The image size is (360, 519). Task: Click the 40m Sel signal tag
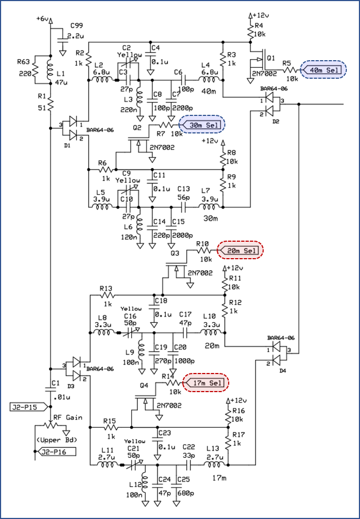point(323,70)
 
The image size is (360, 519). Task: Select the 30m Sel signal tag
point(202,125)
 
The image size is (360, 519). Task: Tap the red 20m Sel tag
point(240,250)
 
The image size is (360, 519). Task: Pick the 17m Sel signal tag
point(206,383)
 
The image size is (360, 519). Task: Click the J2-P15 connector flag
point(30,406)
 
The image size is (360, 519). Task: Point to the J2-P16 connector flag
point(56,451)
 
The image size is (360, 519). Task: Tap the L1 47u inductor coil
point(50,70)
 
